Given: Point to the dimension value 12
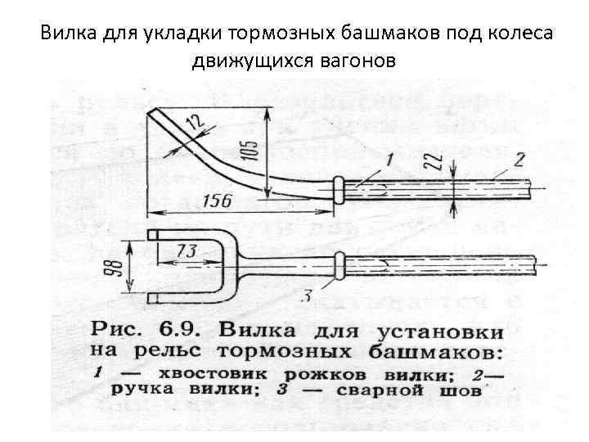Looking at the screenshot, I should coord(193,124).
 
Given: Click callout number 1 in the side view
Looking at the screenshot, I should coord(390,157).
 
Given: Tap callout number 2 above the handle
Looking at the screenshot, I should coord(519,156).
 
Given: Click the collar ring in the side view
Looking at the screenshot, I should coord(339,189).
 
